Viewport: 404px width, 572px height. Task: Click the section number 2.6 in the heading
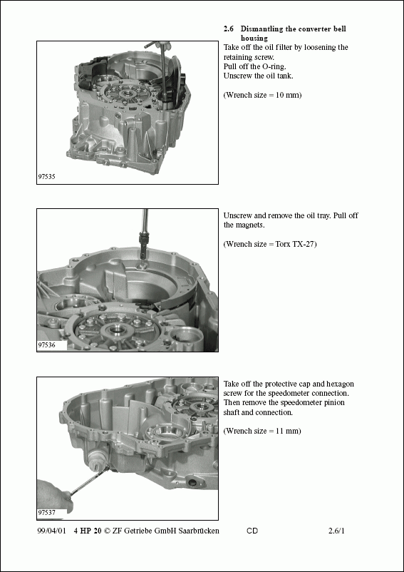tap(229, 29)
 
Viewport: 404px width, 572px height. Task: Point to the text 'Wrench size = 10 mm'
tap(262, 95)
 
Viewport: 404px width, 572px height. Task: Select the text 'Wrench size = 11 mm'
tap(262, 431)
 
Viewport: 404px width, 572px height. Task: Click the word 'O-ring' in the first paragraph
tap(263, 66)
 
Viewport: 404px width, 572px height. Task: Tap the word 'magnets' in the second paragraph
tap(253, 225)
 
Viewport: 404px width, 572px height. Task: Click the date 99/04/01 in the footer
tap(51, 531)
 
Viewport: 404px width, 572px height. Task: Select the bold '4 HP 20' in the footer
tap(88, 531)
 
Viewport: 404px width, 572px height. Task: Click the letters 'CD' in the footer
tap(252, 531)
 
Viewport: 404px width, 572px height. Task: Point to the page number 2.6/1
tap(337, 531)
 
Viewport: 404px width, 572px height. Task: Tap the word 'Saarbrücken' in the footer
tap(199, 531)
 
